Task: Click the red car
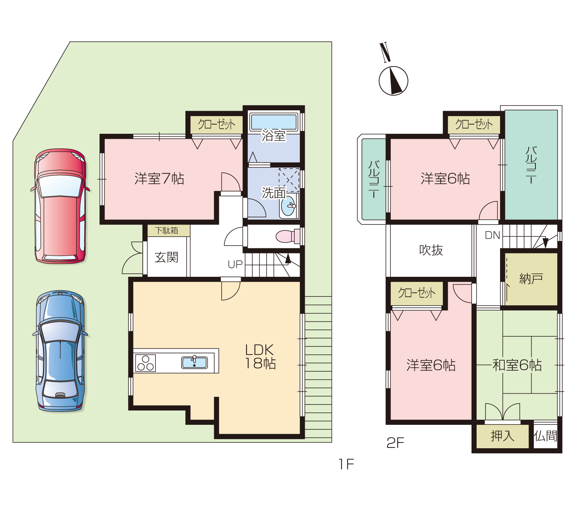[x=60, y=206]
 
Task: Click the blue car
[x=60, y=351]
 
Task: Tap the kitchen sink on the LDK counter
[x=194, y=362]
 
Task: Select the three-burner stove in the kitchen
[x=145, y=363]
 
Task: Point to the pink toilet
[x=288, y=236]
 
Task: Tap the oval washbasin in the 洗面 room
[x=288, y=206]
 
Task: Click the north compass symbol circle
[x=393, y=81]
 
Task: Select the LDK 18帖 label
[x=260, y=357]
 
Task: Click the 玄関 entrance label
[x=166, y=257]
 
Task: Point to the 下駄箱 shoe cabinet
[x=168, y=231]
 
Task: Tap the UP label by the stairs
[x=235, y=264]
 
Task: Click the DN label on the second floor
[x=492, y=235]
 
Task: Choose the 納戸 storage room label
[x=531, y=279]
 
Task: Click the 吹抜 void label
[x=431, y=250]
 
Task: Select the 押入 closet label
[x=502, y=436]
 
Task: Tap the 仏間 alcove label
[x=545, y=436]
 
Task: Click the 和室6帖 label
[x=517, y=365]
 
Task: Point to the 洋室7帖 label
[x=159, y=179]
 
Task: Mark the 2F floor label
[x=395, y=442]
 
